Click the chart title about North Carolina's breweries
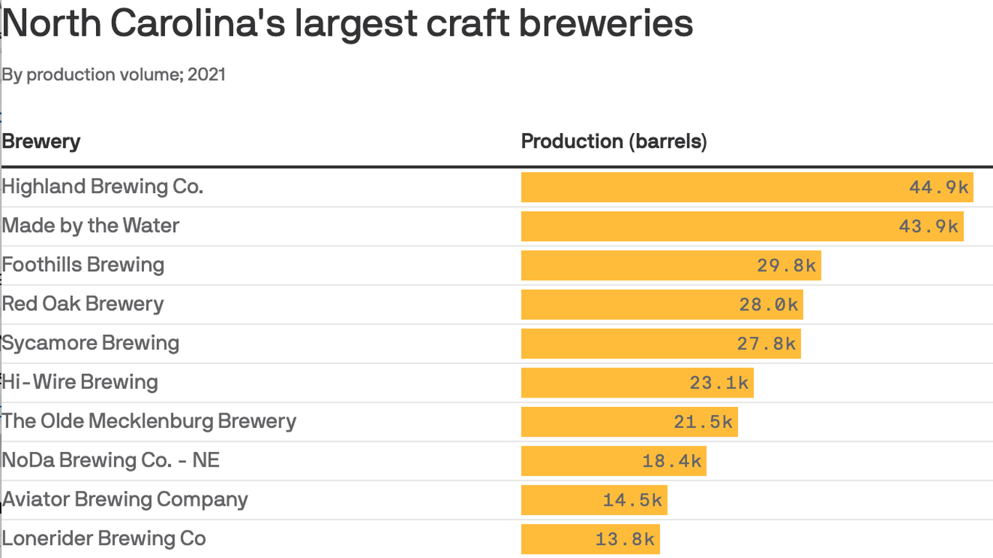point(347,24)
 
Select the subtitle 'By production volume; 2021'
point(113,75)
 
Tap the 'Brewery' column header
point(41,141)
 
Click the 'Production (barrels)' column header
point(614,141)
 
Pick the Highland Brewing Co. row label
point(102,187)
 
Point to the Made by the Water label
point(90,226)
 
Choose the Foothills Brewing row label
point(83,265)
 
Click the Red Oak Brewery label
point(83,304)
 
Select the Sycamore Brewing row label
point(90,343)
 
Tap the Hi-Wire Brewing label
point(80,382)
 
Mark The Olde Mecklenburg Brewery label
point(149,421)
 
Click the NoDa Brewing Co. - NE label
point(110,461)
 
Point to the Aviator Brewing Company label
point(125,500)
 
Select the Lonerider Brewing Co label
point(104,539)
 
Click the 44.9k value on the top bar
point(938,187)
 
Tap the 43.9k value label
point(928,227)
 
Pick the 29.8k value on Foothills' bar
point(787,266)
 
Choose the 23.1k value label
point(719,383)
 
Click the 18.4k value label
point(672,461)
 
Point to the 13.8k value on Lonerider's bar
point(625,540)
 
